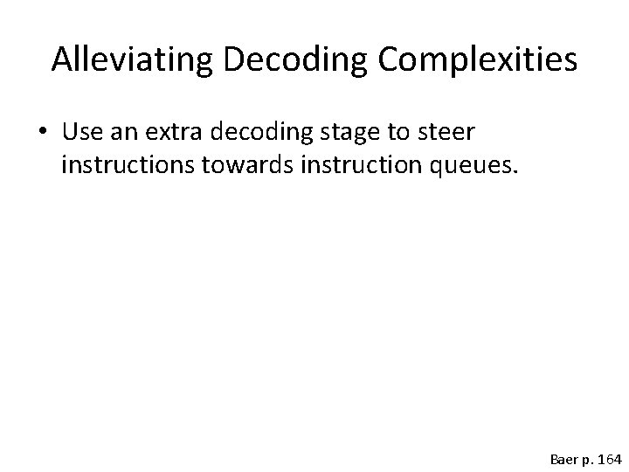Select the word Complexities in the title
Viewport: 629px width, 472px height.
(x=466, y=59)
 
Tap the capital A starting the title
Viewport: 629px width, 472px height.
(x=60, y=59)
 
